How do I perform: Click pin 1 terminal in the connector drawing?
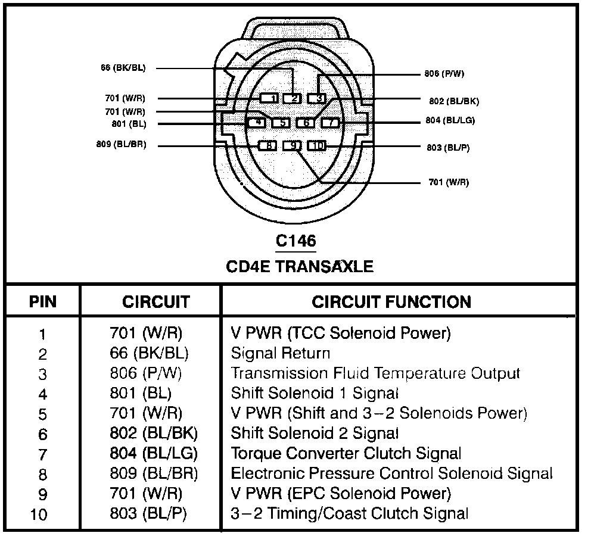click(x=270, y=98)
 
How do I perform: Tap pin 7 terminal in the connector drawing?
click(x=330, y=123)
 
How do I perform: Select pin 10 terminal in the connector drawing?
click(x=317, y=146)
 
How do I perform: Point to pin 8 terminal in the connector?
click(x=268, y=146)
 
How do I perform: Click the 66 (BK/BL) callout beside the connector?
click(x=123, y=68)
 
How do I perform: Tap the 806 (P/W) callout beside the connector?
click(x=444, y=74)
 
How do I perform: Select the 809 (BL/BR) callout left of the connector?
click(x=121, y=145)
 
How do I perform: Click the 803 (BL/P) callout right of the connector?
click(x=448, y=147)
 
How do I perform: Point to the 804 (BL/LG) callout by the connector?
click(x=450, y=120)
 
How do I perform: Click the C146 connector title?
click(x=295, y=241)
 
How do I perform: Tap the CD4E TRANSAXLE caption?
click(x=300, y=266)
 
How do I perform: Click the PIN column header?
click(x=43, y=301)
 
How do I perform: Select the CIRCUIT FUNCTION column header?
click(x=391, y=301)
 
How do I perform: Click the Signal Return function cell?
click(x=280, y=354)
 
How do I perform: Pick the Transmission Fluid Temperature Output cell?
click(x=375, y=373)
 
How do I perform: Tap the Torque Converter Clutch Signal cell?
click(x=346, y=454)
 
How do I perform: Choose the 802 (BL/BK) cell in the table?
click(x=154, y=434)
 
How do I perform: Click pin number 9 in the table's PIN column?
click(x=42, y=494)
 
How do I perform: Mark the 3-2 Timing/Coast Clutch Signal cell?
click(x=349, y=513)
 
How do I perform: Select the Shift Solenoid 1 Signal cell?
click(x=315, y=393)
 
